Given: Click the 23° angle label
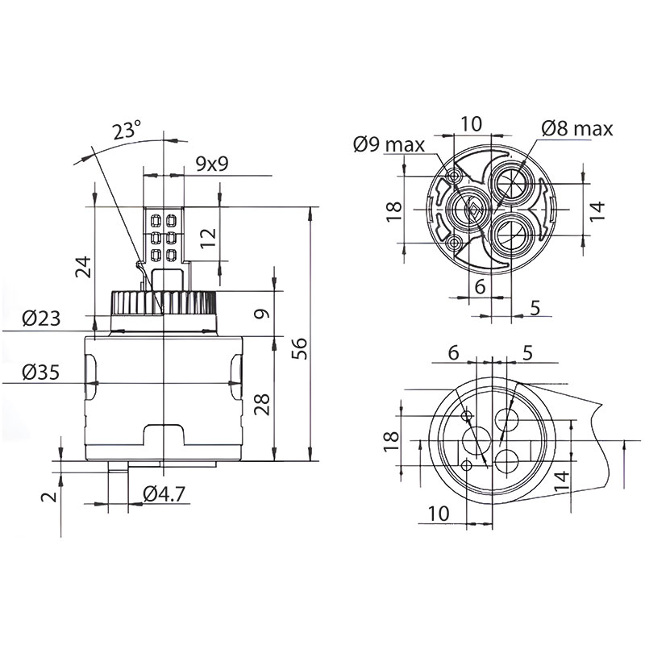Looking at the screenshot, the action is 127,130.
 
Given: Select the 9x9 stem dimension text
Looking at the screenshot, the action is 212,164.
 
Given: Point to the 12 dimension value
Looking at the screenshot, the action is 209,237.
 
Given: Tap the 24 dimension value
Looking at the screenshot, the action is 84,267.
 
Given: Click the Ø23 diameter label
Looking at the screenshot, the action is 41,318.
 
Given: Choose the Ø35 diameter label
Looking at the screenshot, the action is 41,372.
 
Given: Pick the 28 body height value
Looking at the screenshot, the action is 262,404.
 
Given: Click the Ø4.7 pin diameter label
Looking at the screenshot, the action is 164,493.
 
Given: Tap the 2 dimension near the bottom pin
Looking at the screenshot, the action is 50,497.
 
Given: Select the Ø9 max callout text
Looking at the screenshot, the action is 389,144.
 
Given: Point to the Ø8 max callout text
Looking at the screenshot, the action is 577,129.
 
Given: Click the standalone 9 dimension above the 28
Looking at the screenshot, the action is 262,314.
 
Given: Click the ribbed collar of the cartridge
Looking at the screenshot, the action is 163,303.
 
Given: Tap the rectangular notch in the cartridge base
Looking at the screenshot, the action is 164,435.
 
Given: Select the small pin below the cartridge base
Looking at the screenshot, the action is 118,467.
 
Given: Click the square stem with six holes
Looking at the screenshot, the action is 164,235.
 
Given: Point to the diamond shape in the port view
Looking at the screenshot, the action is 473,211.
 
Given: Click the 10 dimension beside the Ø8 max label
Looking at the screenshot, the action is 471,123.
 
